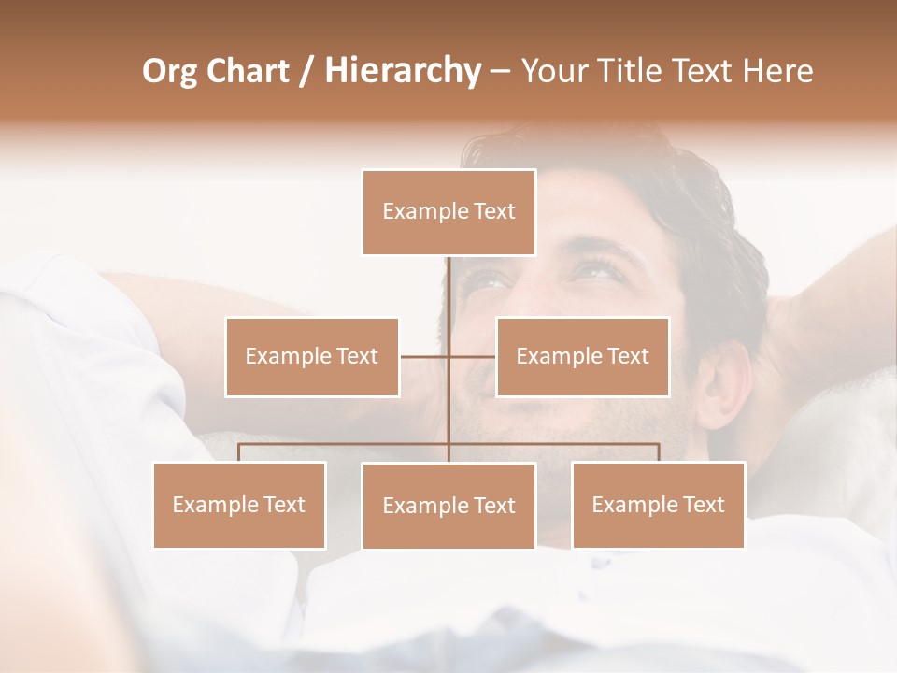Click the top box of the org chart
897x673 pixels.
point(448,212)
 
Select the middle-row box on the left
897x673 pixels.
point(311,356)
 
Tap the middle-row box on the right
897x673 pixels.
point(582,356)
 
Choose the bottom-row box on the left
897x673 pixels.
point(239,505)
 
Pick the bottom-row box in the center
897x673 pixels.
point(448,506)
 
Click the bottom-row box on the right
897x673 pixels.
point(658,505)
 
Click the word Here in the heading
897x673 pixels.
point(777,71)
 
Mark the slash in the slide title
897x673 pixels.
point(307,72)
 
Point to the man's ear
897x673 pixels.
point(722,383)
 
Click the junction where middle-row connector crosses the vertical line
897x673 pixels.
point(448,356)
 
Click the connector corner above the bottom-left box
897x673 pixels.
point(239,445)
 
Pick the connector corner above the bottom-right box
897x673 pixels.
point(658,445)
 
